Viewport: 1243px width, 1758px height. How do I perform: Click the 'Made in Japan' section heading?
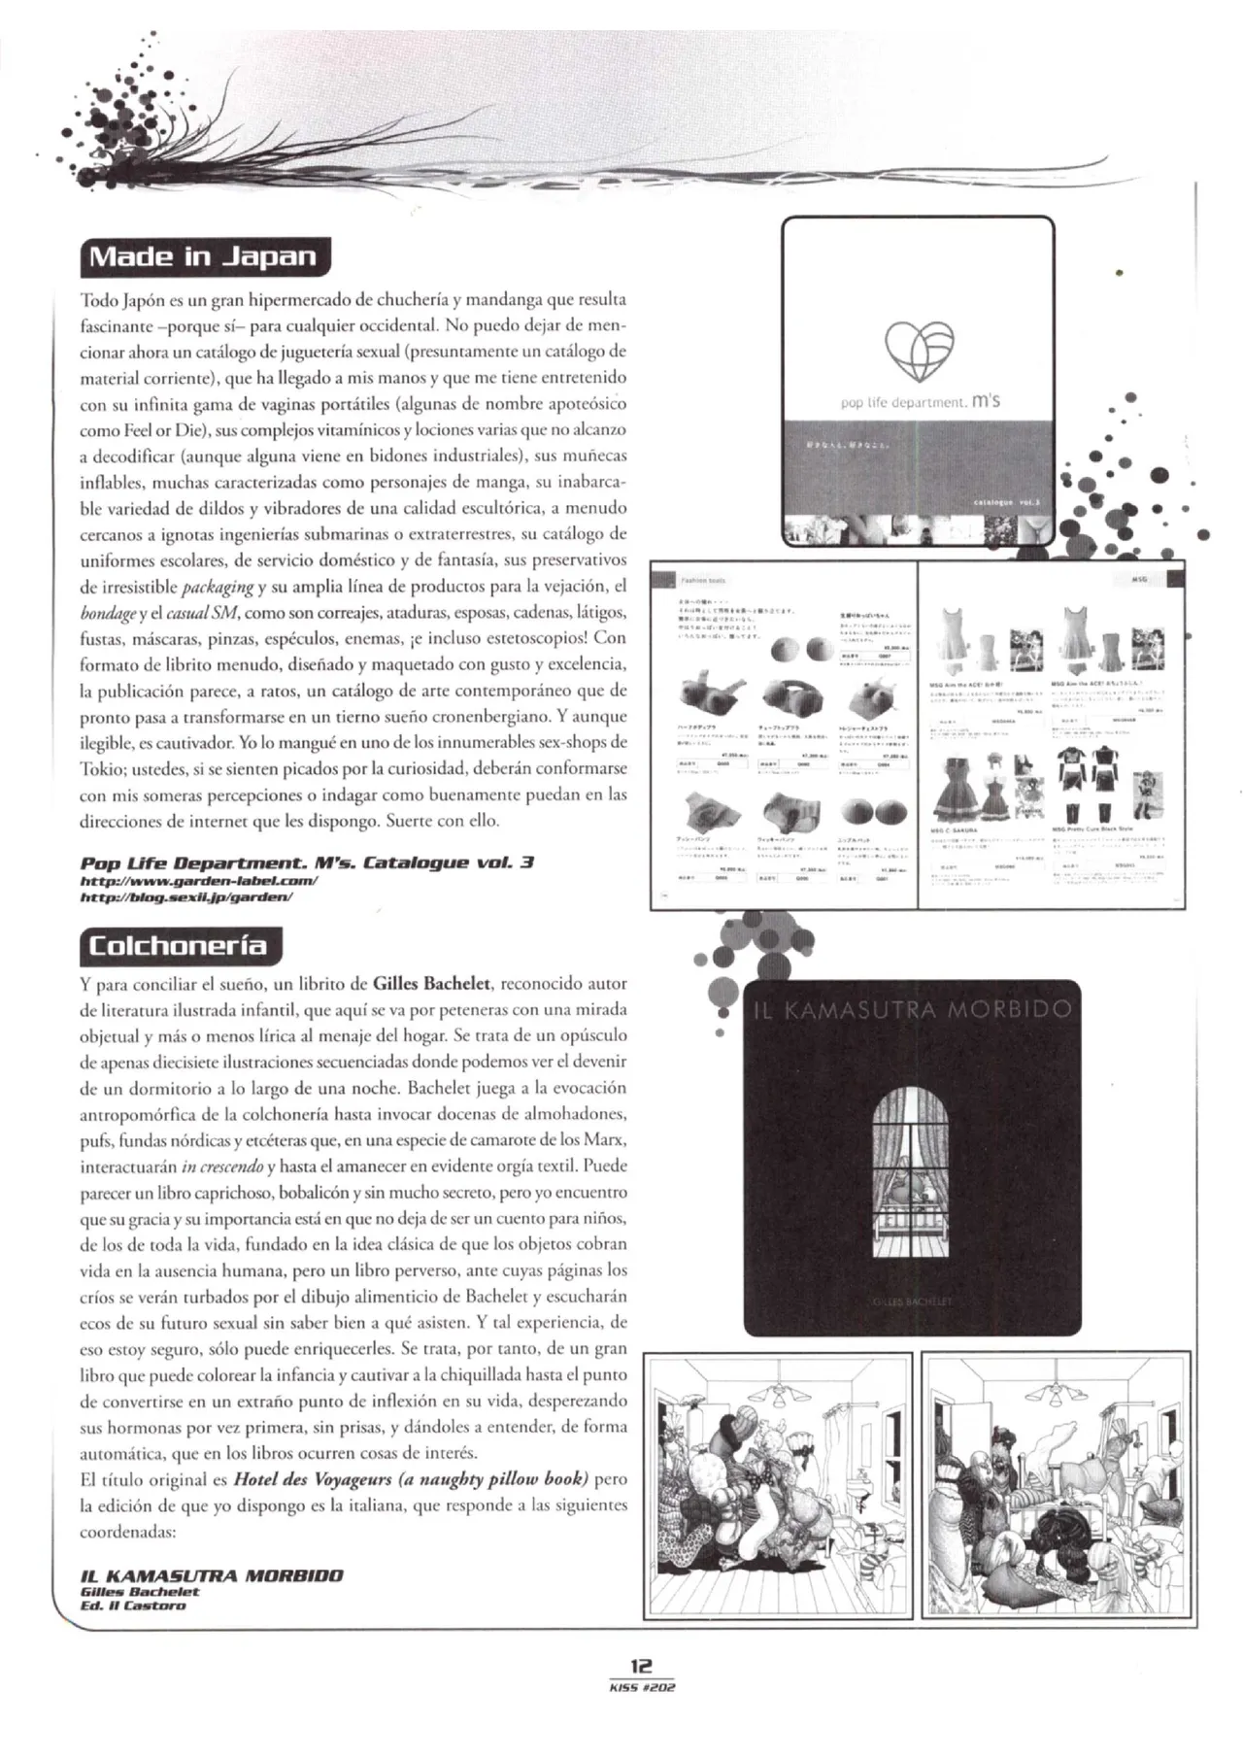coord(204,257)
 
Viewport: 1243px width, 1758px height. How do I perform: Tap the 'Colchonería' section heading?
coord(177,945)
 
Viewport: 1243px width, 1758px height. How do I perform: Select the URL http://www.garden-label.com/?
coord(199,881)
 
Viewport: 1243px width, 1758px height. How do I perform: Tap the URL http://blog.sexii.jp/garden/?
coord(186,897)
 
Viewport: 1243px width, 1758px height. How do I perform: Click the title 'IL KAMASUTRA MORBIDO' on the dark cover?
coord(913,1010)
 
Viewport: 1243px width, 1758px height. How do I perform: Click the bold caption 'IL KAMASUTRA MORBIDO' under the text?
coord(211,1575)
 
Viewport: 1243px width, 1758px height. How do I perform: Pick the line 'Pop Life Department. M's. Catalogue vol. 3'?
coord(307,862)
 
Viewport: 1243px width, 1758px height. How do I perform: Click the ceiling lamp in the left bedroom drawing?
coord(776,1397)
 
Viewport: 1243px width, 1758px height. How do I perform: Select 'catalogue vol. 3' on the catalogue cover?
coord(1005,502)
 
